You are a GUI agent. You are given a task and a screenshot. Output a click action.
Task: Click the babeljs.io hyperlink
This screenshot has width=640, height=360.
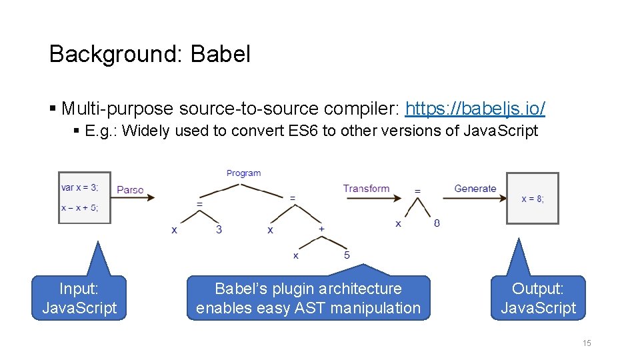click(x=475, y=108)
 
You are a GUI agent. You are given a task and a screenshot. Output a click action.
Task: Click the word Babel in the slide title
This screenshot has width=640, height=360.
click(x=220, y=54)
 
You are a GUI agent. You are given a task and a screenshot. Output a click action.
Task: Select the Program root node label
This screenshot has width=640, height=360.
click(x=243, y=173)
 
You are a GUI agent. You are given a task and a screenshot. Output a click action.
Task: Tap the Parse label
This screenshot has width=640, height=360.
click(x=130, y=190)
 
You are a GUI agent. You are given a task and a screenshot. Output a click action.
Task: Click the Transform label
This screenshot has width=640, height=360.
click(x=366, y=189)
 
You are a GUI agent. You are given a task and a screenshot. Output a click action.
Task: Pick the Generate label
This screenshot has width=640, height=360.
click(x=475, y=189)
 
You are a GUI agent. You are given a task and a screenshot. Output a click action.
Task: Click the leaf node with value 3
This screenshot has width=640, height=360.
click(x=219, y=229)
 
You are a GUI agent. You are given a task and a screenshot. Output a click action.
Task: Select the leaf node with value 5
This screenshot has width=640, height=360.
click(x=347, y=255)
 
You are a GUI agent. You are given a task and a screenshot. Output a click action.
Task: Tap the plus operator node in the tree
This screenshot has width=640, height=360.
click(x=321, y=229)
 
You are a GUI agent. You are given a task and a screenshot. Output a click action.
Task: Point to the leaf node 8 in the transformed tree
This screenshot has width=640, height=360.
click(x=437, y=223)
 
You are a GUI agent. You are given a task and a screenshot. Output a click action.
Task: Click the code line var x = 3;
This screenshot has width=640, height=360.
click(x=79, y=188)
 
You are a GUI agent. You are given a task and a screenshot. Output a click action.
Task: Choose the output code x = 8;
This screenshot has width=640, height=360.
click(x=532, y=199)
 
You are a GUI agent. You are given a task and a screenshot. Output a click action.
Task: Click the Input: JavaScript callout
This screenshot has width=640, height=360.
click(x=79, y=298)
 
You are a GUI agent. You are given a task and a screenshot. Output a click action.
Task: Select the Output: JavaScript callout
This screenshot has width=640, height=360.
click(x=538, y=298)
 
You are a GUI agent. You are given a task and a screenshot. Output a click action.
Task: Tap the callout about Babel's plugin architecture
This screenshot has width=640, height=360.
click(x=308, y=298)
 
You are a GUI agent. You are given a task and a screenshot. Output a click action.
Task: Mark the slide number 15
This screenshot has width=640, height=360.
click(x=587, y=343)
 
